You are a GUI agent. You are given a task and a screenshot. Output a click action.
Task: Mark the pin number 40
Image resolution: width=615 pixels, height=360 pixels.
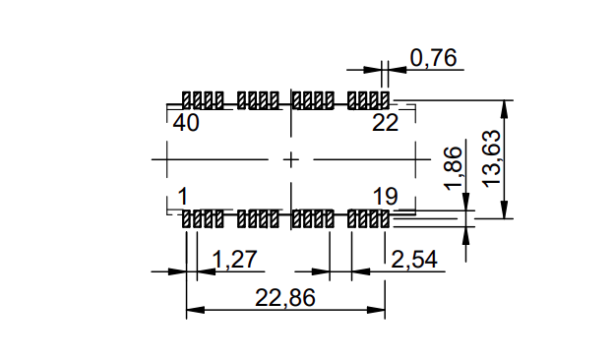pos(186,123)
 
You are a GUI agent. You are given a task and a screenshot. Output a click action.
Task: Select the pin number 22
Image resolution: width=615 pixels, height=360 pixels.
pos(385,123)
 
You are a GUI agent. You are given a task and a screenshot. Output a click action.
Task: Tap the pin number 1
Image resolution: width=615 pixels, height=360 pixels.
pos(183,195)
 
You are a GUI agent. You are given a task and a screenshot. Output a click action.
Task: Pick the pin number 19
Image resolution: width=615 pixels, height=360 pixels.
pos(385,195)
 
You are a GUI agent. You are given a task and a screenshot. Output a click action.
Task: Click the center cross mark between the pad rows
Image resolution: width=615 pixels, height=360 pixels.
pos(290,158)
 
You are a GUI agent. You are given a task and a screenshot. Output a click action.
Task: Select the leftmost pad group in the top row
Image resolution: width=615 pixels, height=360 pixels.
pos(204,100)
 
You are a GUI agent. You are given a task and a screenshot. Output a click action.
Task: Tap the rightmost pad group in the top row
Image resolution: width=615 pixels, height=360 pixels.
pos(369,100)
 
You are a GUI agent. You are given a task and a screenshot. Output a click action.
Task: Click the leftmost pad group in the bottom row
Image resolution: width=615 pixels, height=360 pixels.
pos(204,219)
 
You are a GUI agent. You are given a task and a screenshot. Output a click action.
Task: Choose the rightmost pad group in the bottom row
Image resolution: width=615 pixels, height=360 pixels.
pos(369,219)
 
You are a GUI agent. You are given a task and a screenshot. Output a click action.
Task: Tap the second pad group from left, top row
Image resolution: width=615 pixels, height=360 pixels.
pos(259,100)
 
